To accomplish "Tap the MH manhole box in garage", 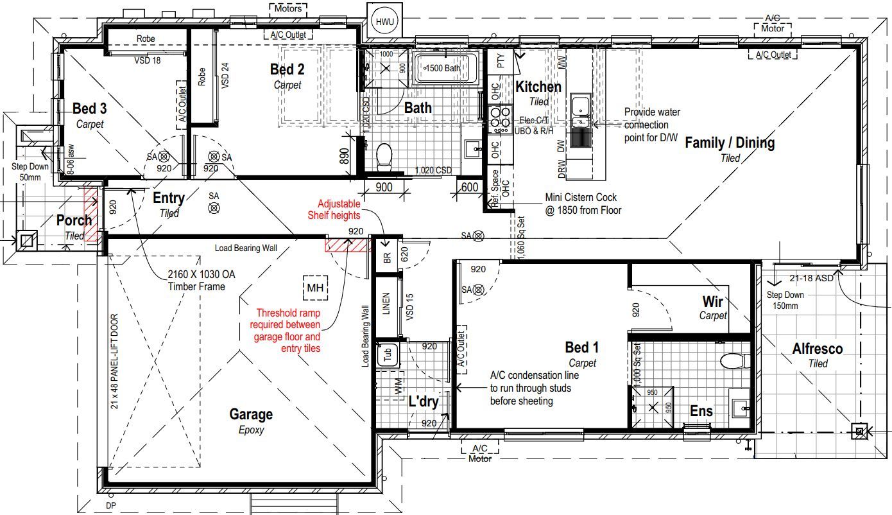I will tap(315, 288).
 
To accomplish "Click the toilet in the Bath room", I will tap(384, 156).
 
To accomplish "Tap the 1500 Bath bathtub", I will tap(446, 69).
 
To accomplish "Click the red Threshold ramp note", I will tap(287, 331).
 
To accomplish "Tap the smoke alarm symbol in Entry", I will tap(214, 207).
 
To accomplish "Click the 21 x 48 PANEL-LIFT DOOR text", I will tap(115, 362).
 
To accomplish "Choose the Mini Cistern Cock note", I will tap(583, 204).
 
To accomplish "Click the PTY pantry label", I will tap(501, 62).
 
